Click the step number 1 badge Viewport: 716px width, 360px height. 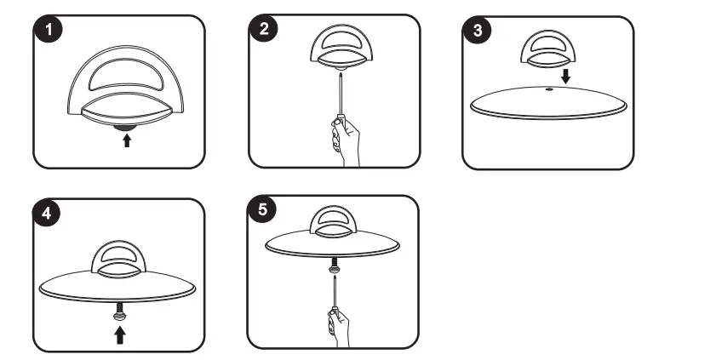(x=48, y=30)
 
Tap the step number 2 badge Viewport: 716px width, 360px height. (x=264, y=29)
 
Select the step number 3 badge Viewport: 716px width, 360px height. (x=478, y=30)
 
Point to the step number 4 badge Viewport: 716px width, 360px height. (x=47, y=213)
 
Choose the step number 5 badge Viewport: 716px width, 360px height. (x=262, y=210)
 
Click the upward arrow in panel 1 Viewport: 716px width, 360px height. (x=127, y=140)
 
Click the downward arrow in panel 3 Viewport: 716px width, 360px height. (x=566, y=76)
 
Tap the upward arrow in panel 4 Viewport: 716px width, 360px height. (x=120, y=336)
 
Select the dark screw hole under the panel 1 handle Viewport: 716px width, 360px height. (x=124, y=129)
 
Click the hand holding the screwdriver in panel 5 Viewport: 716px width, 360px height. (x=338, y=327)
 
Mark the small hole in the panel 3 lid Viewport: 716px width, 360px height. (x=549, y=89)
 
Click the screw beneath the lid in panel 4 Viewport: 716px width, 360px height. (x=119, y=312)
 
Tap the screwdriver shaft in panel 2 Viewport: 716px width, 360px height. (x=341, y=94)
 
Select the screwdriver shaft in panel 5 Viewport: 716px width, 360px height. (x=335, y=293)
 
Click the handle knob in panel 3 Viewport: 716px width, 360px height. (x=548, y=49)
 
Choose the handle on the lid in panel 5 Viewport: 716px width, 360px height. (x=333, y=222)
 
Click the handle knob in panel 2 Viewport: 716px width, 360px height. (x=341, y=47)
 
